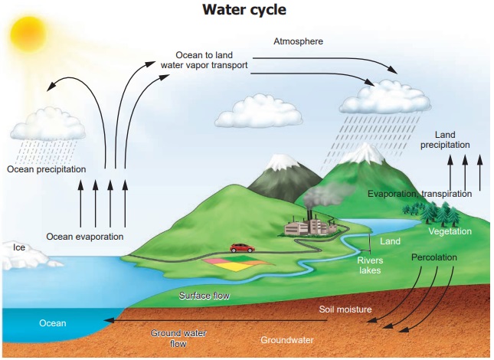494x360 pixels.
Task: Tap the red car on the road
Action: click(242, 247)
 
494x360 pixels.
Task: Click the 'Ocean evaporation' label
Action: click(84, 236)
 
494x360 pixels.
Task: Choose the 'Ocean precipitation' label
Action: click(47, 169)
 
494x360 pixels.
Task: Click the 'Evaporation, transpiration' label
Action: click(419, 194)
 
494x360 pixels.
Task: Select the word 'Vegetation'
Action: click(450, 231)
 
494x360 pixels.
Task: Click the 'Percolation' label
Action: click(433, 257)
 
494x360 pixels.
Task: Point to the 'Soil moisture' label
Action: click(345, 309)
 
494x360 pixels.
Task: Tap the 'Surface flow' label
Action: click(204, 295)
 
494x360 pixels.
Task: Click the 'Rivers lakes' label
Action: click(370, 265)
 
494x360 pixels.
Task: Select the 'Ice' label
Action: click(20, 247)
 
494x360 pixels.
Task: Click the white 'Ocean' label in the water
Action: click(53, 323)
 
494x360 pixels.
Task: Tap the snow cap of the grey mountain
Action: click(276, 162)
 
